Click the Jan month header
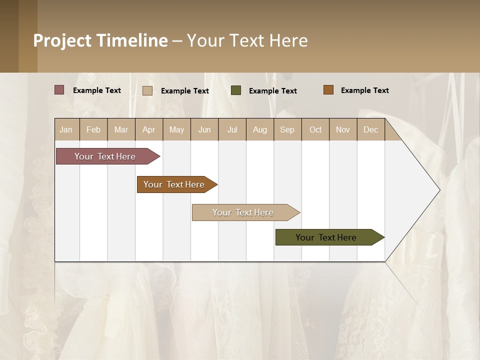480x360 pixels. tap(66, 129)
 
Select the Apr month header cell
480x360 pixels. tap(149, 129)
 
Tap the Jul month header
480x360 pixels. tap(232, 129)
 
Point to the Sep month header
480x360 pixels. tap(287, 129)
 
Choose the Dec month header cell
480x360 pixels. tap(370, 129)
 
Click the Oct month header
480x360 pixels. tap(315, 129)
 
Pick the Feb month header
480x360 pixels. tap(93, 129)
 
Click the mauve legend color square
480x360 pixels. tap(59, 90)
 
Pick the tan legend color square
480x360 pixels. tap(147, 90)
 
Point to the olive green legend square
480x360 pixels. tap(236, 90)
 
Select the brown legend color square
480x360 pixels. tap(328, 90)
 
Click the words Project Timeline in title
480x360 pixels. tap(100, 40)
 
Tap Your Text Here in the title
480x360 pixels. tap(247, 40)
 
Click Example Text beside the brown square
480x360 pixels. tap(364, 90)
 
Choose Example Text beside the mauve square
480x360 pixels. tap(97, 90)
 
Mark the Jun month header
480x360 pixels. tap(204, 129)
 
